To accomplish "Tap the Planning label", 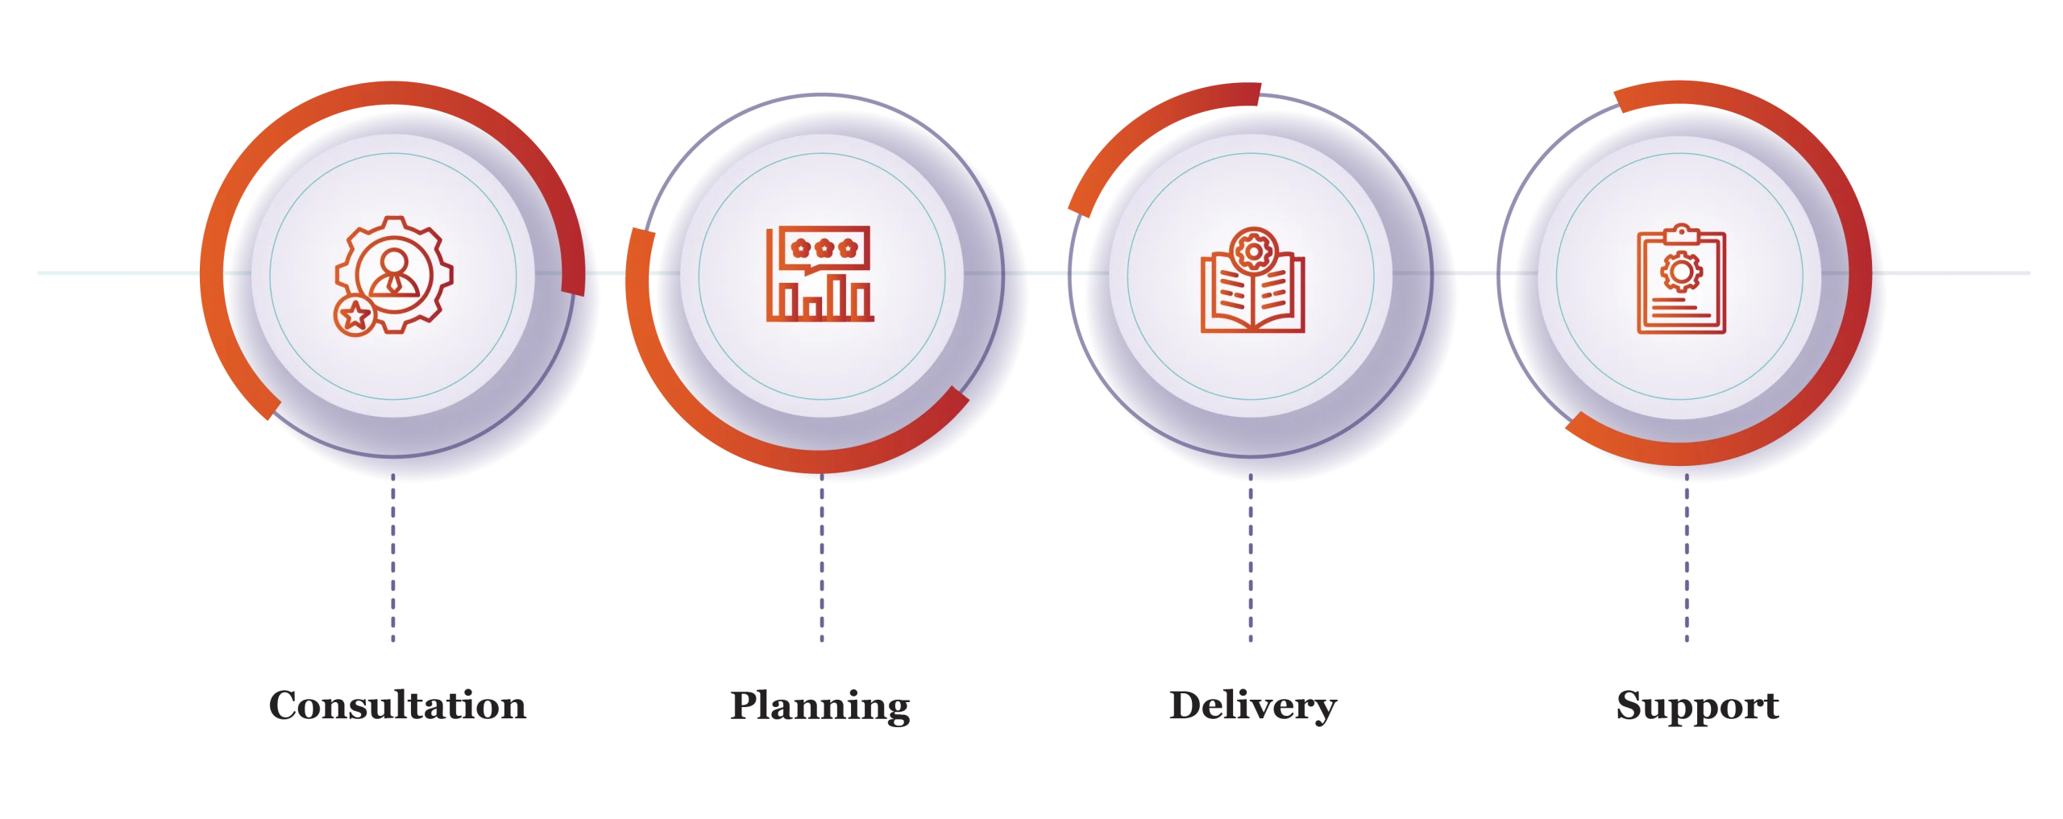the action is pos(820,706).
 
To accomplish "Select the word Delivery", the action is pos(1253,706).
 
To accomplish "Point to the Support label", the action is pos(1698,706).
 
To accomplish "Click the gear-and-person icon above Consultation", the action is pos(394,276).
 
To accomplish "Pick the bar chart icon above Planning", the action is pos(820,274).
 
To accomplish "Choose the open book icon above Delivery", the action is pos(1252,280).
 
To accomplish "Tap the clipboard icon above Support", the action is pos(1681,279).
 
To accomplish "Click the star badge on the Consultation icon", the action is pos(355,315).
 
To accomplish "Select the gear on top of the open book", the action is pos(1254,252).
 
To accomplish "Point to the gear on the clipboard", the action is pos(1681,272).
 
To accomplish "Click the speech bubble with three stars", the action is pos(824,249).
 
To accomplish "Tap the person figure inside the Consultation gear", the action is pos(394,273).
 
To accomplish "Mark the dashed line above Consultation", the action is pos(393,558).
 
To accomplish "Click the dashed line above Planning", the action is pos(822,558).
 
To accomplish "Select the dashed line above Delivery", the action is pos(1251,558).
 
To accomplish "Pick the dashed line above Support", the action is pos(1687,558).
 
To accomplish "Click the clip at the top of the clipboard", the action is pos(1681,234).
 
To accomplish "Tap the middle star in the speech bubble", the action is pos(824,248).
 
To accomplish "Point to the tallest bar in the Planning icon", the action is pos(840,297).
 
